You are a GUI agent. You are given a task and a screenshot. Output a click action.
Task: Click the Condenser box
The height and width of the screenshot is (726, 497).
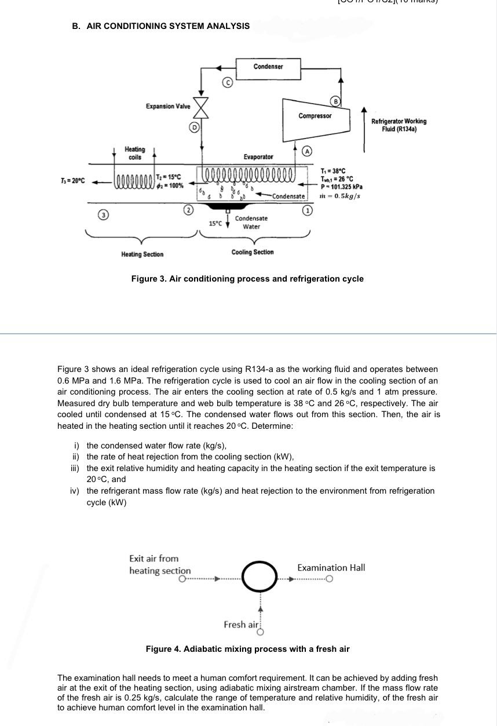[268, 67]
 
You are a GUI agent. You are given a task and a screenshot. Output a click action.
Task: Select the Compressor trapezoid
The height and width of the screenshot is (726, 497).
[315, 118]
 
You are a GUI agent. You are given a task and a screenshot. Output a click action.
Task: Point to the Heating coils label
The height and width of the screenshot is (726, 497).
[135, 153]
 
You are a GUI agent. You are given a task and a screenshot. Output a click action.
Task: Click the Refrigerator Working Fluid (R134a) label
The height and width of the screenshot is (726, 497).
[399, 125]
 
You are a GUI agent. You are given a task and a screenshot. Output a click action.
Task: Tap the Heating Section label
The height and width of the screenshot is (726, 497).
[142, 254]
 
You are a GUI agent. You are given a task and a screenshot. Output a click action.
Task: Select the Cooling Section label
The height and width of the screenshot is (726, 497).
[253, 252]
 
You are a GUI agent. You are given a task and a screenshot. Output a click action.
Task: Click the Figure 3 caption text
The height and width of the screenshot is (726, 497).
[247, 279]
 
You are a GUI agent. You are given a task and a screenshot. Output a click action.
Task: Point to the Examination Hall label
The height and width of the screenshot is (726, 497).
[331, 568]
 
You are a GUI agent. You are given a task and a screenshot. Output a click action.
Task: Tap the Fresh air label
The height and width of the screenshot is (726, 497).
[241, 625]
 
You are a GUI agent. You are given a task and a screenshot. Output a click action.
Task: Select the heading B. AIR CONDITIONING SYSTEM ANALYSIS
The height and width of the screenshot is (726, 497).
[160, 26]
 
